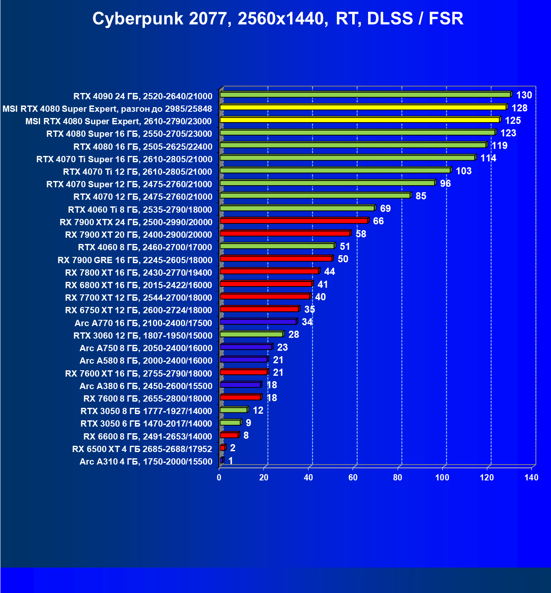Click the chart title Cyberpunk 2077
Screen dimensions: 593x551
(278, 19)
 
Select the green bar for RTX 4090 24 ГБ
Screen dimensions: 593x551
(365, 95)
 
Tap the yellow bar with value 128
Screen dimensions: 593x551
(363, 108)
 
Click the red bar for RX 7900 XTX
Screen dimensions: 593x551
(294, 221)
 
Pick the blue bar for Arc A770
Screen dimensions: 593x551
(258, 322)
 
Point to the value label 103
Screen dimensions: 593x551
(463, 171)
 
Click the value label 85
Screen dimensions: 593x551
(421, 196)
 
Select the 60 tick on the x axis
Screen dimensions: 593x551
(353, 477)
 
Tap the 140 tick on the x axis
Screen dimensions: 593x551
(531, 477)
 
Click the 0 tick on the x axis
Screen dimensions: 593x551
(219, 477)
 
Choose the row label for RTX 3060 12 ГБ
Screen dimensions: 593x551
(143, 336)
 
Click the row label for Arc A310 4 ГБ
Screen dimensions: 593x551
(146, 462)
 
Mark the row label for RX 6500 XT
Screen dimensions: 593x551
(142, 449)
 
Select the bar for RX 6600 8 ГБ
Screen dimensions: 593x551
(229, 435)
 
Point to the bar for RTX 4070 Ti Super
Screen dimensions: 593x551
(348, 158)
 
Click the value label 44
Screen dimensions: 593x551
(330, 271)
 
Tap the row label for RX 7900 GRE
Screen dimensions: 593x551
(135, 260)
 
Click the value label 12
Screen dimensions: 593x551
(258, 410)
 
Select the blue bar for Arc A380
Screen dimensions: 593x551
(240, 385)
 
